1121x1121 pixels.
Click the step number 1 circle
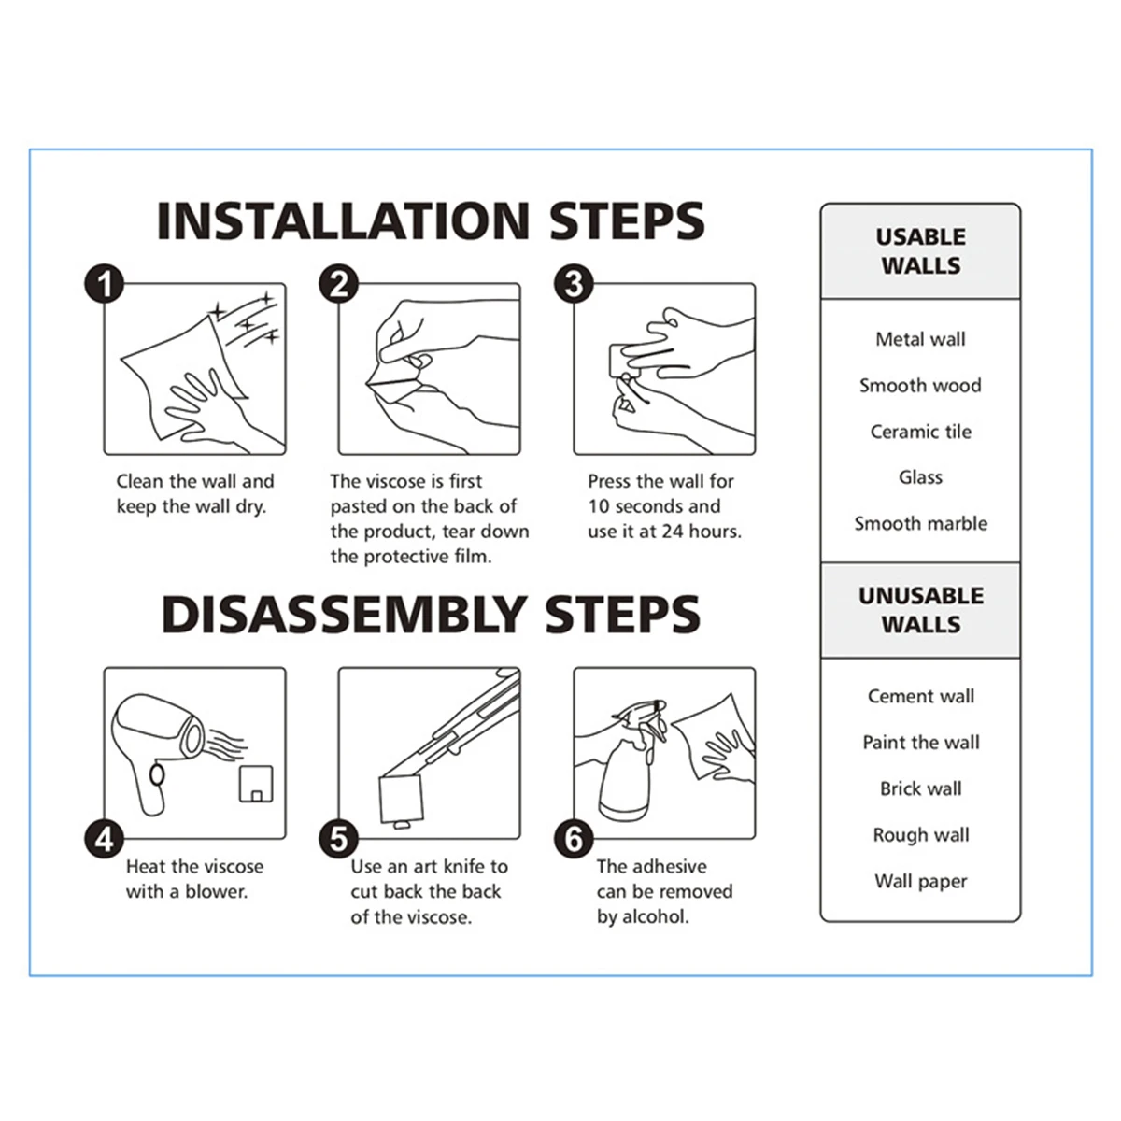pos(105,284)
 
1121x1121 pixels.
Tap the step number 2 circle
pos(338,284)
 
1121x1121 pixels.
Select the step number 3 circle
pos(574,284)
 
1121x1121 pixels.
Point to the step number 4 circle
pos(105,840)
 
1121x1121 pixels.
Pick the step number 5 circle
pos(338,840)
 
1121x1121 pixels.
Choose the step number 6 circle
pos(574,840)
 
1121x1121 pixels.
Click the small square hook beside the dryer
pos(256,784)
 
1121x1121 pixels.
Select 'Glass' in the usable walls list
pos(920,477)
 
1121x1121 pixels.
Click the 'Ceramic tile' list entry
pos(920,432)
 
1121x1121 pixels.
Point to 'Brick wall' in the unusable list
pos(920,788)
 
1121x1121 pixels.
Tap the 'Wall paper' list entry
pos(920,882)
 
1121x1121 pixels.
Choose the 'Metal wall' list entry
pos(920,339)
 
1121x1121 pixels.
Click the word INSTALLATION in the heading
pos(343,221)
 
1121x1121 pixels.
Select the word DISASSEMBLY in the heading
pos(343,615)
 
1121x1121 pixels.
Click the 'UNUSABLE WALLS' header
pos(920,610)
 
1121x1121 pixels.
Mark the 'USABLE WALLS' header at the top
pos(920,251)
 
